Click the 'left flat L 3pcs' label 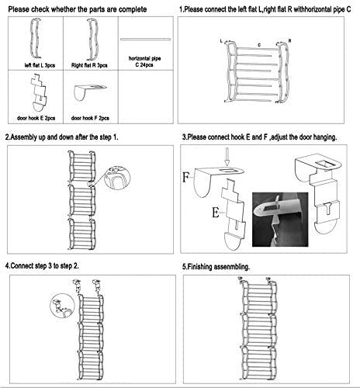[40, 65]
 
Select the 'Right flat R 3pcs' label [89, 65]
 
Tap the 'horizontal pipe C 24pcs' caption [144, 61]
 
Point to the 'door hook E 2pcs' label [36, 118]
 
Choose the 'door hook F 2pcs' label [90, 118]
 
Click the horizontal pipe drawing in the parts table [145, 40]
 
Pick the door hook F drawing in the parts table [89, 92]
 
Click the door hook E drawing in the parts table [40, 92]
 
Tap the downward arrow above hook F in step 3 [227, 157]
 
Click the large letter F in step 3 [186, 177]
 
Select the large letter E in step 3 [216, 213]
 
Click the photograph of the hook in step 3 [280, 220]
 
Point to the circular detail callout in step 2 [117, 178]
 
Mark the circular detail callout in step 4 [62, 305]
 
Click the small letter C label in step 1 [259, 45]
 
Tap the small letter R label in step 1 [290, 41]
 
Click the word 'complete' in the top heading [133, 9]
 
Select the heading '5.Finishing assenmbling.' [216, 267]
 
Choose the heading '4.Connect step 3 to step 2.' [42, 265]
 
